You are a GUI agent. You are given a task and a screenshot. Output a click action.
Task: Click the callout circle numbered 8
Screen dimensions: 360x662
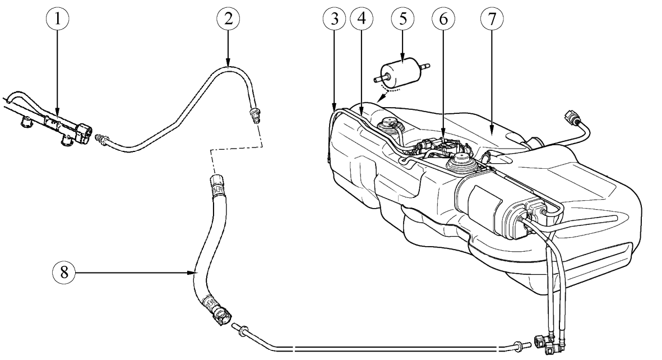pos(64,273)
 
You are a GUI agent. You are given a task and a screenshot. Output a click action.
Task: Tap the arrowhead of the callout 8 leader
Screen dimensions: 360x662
pos(193,273)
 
